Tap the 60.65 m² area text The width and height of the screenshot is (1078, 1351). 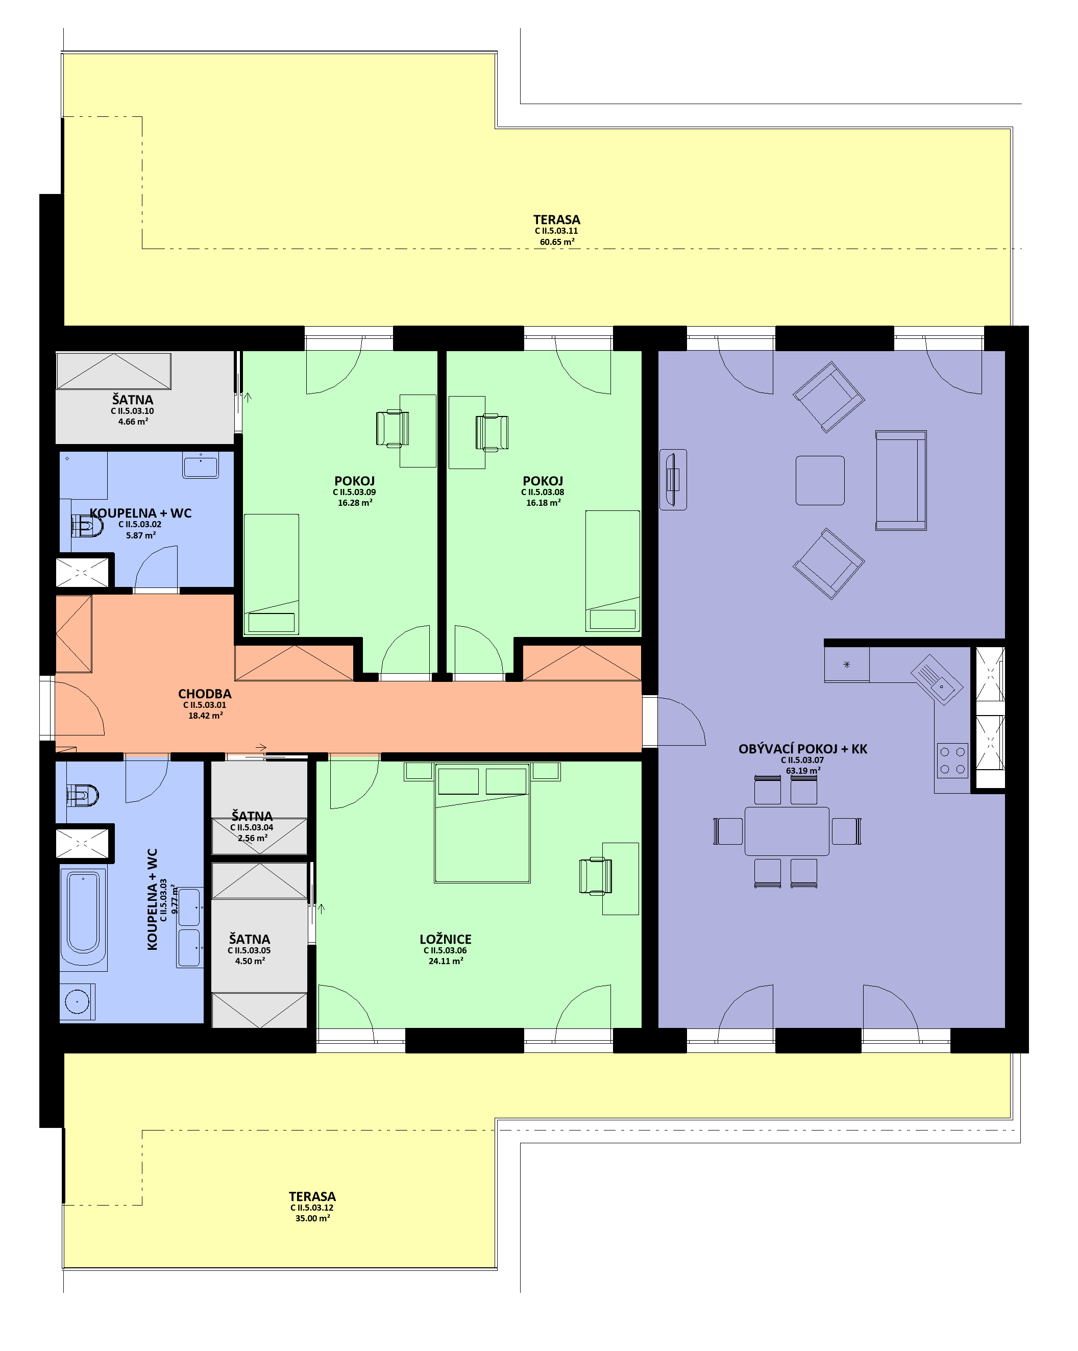pos(557,242)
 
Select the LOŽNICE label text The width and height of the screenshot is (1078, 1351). pos(445,939)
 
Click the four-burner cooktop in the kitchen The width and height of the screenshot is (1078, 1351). pos(952,760)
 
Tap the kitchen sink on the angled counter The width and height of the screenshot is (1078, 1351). pos(936,680)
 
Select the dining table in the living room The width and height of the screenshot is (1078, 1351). pos(787,831)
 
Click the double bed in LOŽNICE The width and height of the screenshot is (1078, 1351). pos(482,823)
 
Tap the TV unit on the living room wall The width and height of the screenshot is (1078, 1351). pos(673,479)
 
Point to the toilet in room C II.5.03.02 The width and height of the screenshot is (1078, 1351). pos(86,525)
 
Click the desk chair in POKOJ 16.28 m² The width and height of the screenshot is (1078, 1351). pos(393,429)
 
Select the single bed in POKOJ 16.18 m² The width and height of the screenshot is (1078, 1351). pos(612,571)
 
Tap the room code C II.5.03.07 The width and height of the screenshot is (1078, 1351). pos(802,760)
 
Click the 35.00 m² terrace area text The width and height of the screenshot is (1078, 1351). pos(313,1219)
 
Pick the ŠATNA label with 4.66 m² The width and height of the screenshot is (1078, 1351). pos(132,400)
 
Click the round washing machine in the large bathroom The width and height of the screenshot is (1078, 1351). pos(77,1001)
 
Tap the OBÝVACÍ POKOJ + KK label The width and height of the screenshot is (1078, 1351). pos(803,749)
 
